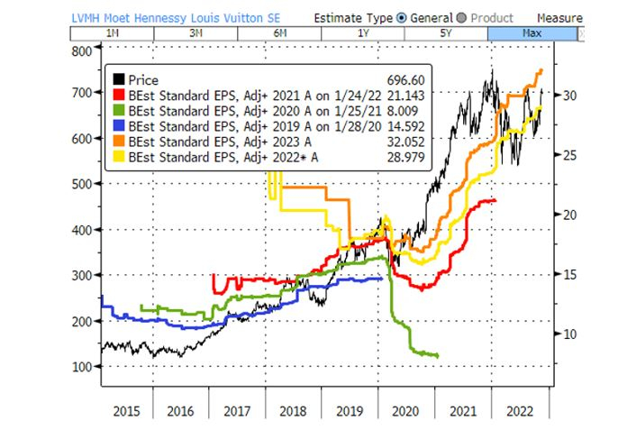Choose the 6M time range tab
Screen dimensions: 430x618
(280, 33)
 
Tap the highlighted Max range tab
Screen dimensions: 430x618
(532, 33)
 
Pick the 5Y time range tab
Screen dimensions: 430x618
(446, 33)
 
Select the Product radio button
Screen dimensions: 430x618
(461, 17)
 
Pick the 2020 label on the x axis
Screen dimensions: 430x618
(406, 411)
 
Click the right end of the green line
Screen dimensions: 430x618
(438, 356)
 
